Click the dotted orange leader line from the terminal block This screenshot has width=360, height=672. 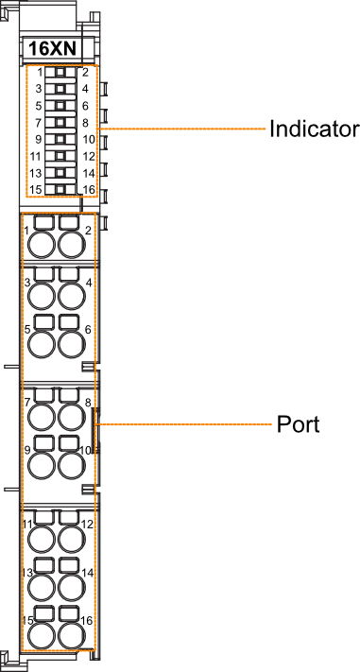tap(184, 424)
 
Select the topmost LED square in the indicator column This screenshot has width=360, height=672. tap(60, 73)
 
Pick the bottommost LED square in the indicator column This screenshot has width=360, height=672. tap(60, 189)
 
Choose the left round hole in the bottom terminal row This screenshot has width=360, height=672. tap(42, 635)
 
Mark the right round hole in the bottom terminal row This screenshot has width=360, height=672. tap(71, 635)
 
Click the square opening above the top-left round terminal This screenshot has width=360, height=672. tap(43, 223)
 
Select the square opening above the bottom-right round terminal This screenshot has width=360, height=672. tap(69, 613)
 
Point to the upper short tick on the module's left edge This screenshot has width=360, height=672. tap(10, 366)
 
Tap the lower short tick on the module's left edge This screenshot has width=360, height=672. tap(10, 489)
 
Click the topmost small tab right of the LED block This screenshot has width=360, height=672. tap(104, 89)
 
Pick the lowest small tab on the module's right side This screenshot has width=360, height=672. tap(104, 224)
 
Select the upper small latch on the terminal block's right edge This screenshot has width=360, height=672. tap(88, 366)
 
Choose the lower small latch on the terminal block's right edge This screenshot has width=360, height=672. tap(88, 489)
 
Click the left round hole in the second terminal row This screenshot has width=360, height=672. tap(42, 296)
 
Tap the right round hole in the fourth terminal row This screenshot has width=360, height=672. tap(71, 417)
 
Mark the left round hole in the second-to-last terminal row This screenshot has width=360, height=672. tap(42, 587)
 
